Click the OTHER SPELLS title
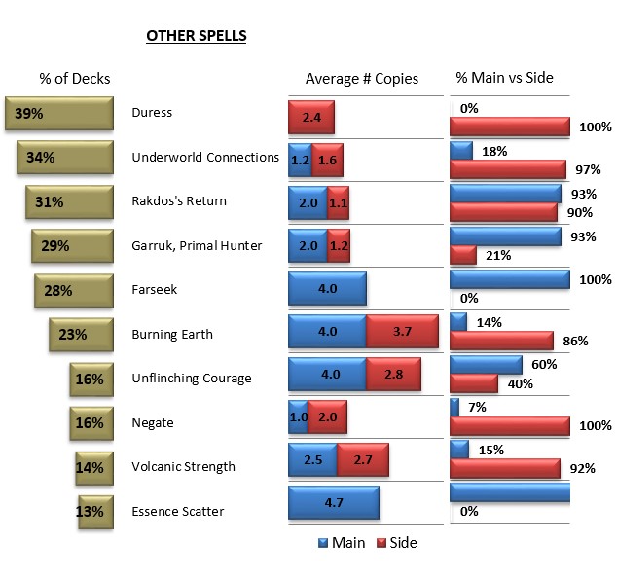point(196,37)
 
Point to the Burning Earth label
point(172,335)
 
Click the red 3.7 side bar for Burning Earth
point(402,332)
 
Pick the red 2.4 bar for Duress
point(311,117)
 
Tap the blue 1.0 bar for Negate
point(299,416)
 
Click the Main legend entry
point(342,543)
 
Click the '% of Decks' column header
point(75,78)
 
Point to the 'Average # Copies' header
point(362,79)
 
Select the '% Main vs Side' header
point(504,78)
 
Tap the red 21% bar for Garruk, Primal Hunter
point(463,255)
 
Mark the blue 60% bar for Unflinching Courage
point(487,365)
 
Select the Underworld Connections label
point(205,158)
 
